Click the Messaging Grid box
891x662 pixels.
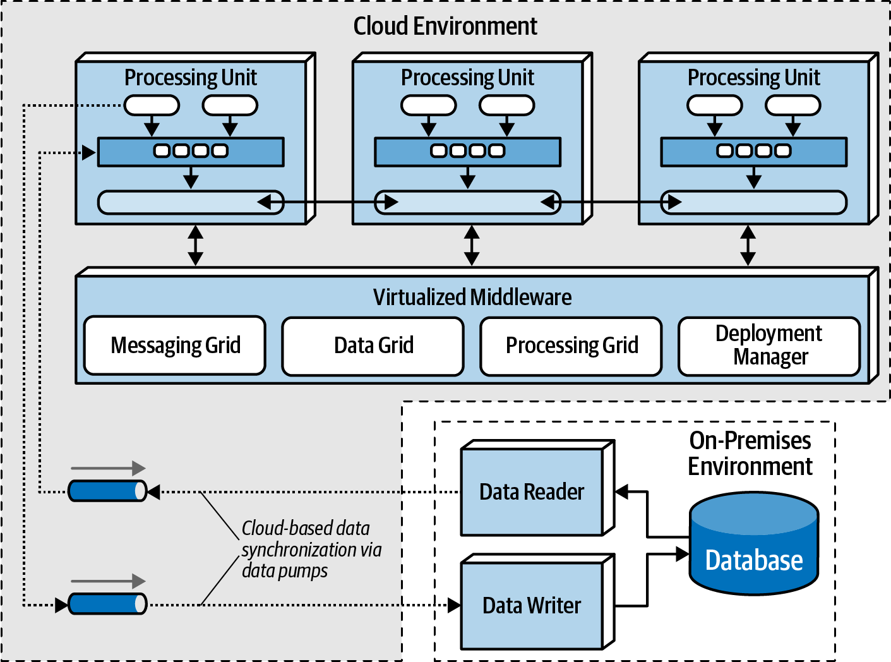coord(175,346)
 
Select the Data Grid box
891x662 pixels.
coord(373,346)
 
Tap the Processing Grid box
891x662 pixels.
coord(571,346)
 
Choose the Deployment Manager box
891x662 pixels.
coord(769,346)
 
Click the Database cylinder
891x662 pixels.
coord(754,543)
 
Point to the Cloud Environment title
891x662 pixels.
coord(445,26)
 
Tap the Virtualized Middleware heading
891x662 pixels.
coord(472,297)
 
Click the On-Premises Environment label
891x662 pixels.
coord(750,454)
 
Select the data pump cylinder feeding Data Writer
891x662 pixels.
coord(107,604)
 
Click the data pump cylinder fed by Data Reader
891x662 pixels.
coord(107,491)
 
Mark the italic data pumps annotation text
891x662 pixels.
coord(311,550)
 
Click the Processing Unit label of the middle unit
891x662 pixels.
coord(467,78)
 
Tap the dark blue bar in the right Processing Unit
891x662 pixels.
coord(754,152)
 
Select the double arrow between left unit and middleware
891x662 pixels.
coord(195,245)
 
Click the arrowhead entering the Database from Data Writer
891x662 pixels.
coord(683,554)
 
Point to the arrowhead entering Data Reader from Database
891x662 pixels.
coord(621,491)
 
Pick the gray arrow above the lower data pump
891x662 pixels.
coord(108,581)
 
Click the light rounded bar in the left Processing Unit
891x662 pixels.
coord(191,202)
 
